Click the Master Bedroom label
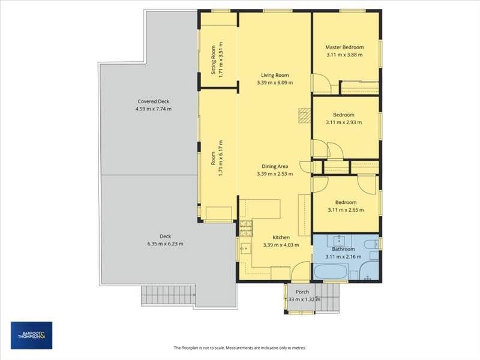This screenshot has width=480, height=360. (344, 47)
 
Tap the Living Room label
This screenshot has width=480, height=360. (275, 75)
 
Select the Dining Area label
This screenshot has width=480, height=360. (275, 166)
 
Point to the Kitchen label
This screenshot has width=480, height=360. (281, 237)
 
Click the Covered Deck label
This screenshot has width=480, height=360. (154, 101)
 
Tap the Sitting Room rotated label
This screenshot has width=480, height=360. (214, 60)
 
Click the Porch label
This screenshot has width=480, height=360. (302, 292)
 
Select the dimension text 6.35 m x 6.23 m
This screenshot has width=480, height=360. (166, 244)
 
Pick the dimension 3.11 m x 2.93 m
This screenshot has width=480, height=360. (344, 122)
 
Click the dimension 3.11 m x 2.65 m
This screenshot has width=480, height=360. (346, 210)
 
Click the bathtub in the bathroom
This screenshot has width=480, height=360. (331, 272)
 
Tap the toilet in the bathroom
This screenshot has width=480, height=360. (371, 245)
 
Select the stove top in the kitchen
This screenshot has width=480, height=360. (246, 229)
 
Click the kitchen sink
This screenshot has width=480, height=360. (245, 248)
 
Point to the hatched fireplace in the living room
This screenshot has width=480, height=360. (304, 115)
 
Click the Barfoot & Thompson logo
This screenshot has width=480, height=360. (32, 335)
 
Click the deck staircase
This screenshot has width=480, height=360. (168, 295)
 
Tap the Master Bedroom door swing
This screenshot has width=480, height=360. (322, 83)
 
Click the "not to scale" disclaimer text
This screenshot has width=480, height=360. (239, 348)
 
